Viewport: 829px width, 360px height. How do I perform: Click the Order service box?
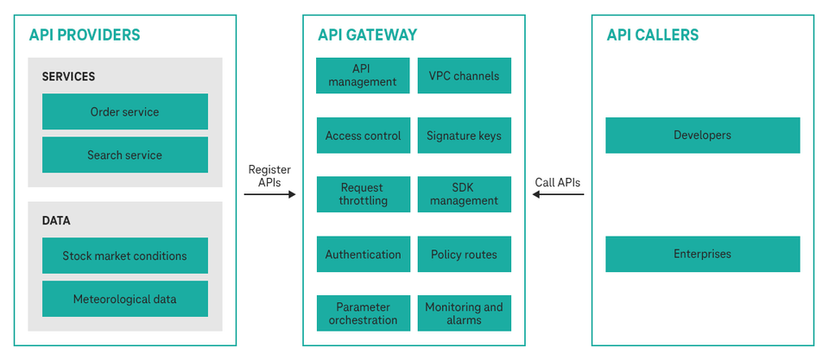click(x=124, y=111)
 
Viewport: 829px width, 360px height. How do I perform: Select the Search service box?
click(x=124, y=155)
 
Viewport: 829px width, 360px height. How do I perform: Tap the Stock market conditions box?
click(x=124, y=256)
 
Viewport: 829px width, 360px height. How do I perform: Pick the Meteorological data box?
click(x=124, y=299)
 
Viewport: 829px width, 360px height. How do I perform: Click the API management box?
click(x=362, y=75)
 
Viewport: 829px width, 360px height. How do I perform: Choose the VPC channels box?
click(x=464, y=75)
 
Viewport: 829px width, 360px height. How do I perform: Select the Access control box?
click(x=362, y=136)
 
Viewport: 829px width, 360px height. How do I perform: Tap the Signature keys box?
click(x=464, y=136)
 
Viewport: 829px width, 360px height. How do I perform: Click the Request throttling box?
click(x=362, y=194)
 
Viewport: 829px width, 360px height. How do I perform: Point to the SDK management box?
click(x=464, y=194)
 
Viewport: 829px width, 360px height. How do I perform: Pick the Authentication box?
click(x=362, y=255)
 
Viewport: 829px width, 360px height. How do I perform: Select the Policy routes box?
click(x=464, y=255)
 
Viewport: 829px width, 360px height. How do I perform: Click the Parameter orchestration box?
click(x=362, y=313)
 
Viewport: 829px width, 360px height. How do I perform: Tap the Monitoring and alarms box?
click(x=464, y=313)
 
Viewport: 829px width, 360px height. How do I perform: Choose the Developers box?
click(x=702, y=136)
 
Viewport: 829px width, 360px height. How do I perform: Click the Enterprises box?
click(x=702, y=254)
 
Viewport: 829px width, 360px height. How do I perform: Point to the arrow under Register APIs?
click(x=269, y=194)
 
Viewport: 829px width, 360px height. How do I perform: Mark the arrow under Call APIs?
click(x=558, y=194)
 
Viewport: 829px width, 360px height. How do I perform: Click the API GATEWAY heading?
click(x=367, y=35)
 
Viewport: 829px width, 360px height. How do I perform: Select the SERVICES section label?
click(x=68, y=77)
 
